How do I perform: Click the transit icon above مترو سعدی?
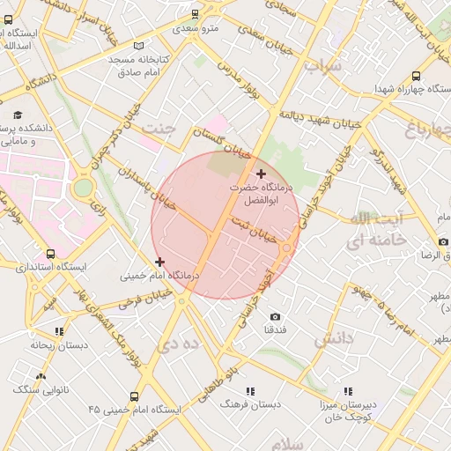click(195, 14)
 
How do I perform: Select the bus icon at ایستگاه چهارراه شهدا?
click(416, 76)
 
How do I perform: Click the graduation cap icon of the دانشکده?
click(18, 115)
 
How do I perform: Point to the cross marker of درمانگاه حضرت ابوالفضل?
click(260, 174)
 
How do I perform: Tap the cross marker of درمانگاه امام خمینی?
click(159, 262)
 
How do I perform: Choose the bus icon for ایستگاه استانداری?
click(46, 252)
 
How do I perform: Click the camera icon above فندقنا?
click(275, 316)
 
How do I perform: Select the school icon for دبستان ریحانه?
click(59, 331)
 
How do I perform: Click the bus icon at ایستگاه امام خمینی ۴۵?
click(134, 396)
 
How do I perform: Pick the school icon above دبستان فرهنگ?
click(250, 390)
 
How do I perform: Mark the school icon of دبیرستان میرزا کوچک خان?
click(348, 390)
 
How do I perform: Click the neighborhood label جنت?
click(159, 129)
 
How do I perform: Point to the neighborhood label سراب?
click(322, 64)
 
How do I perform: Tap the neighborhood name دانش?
click(333, 338)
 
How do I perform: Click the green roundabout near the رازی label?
click(83, 187)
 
